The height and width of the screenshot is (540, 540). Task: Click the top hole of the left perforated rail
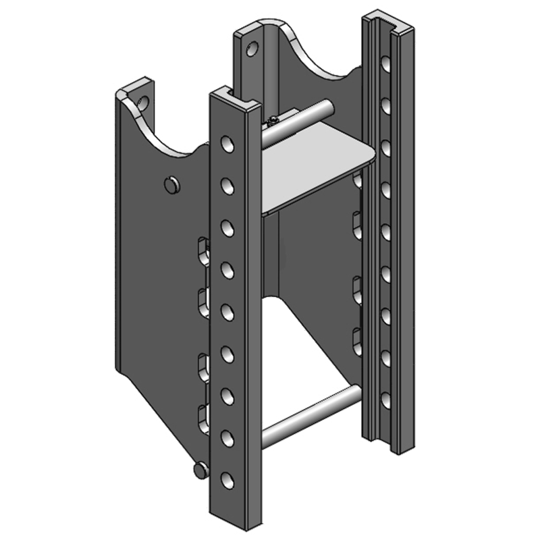(x=227, y=144)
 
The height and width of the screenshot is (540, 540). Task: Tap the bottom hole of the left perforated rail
(x=227, y=480)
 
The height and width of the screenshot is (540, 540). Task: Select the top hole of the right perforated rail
(x=385, y=65)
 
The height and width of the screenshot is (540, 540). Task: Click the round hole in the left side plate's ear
(x=142, y=103)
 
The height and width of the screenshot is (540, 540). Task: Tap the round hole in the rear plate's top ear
(x=252, y=49)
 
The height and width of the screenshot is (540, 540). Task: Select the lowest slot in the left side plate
(x=203, y=416)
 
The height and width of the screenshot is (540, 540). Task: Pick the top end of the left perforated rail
(x=234, y=97)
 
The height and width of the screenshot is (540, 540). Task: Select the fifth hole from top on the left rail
(x=227, y=312)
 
